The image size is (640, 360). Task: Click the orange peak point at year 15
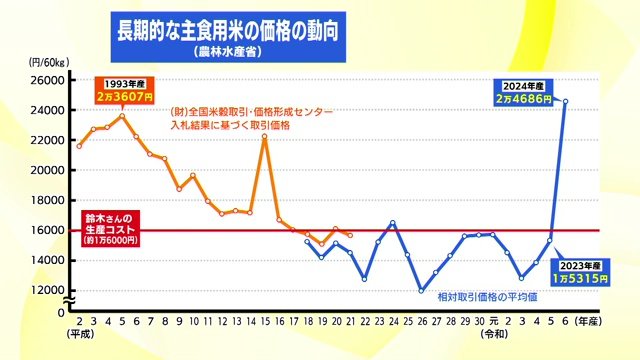264,137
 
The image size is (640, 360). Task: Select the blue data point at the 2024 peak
565,101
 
